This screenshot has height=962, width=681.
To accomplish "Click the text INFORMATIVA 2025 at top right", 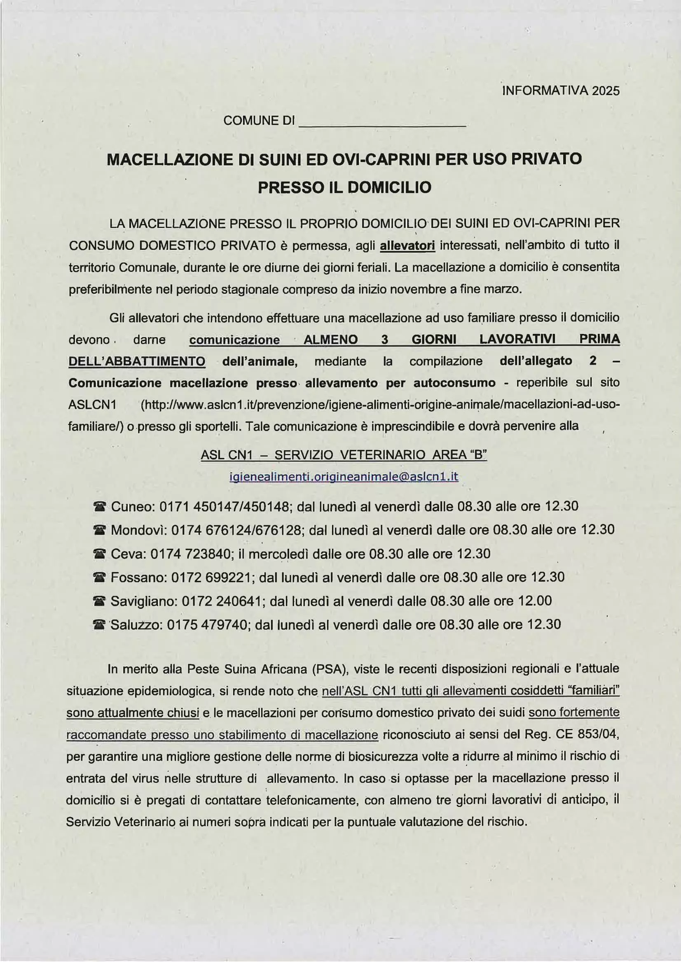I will tap(561, 91).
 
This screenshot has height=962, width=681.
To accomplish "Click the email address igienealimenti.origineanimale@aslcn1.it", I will tap(344, 477).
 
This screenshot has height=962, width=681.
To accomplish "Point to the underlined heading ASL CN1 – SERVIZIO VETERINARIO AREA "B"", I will tap(344, 455).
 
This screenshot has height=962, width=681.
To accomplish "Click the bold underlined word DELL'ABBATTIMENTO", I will tap(137, 361).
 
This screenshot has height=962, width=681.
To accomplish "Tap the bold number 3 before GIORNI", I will tap(384, 339).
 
